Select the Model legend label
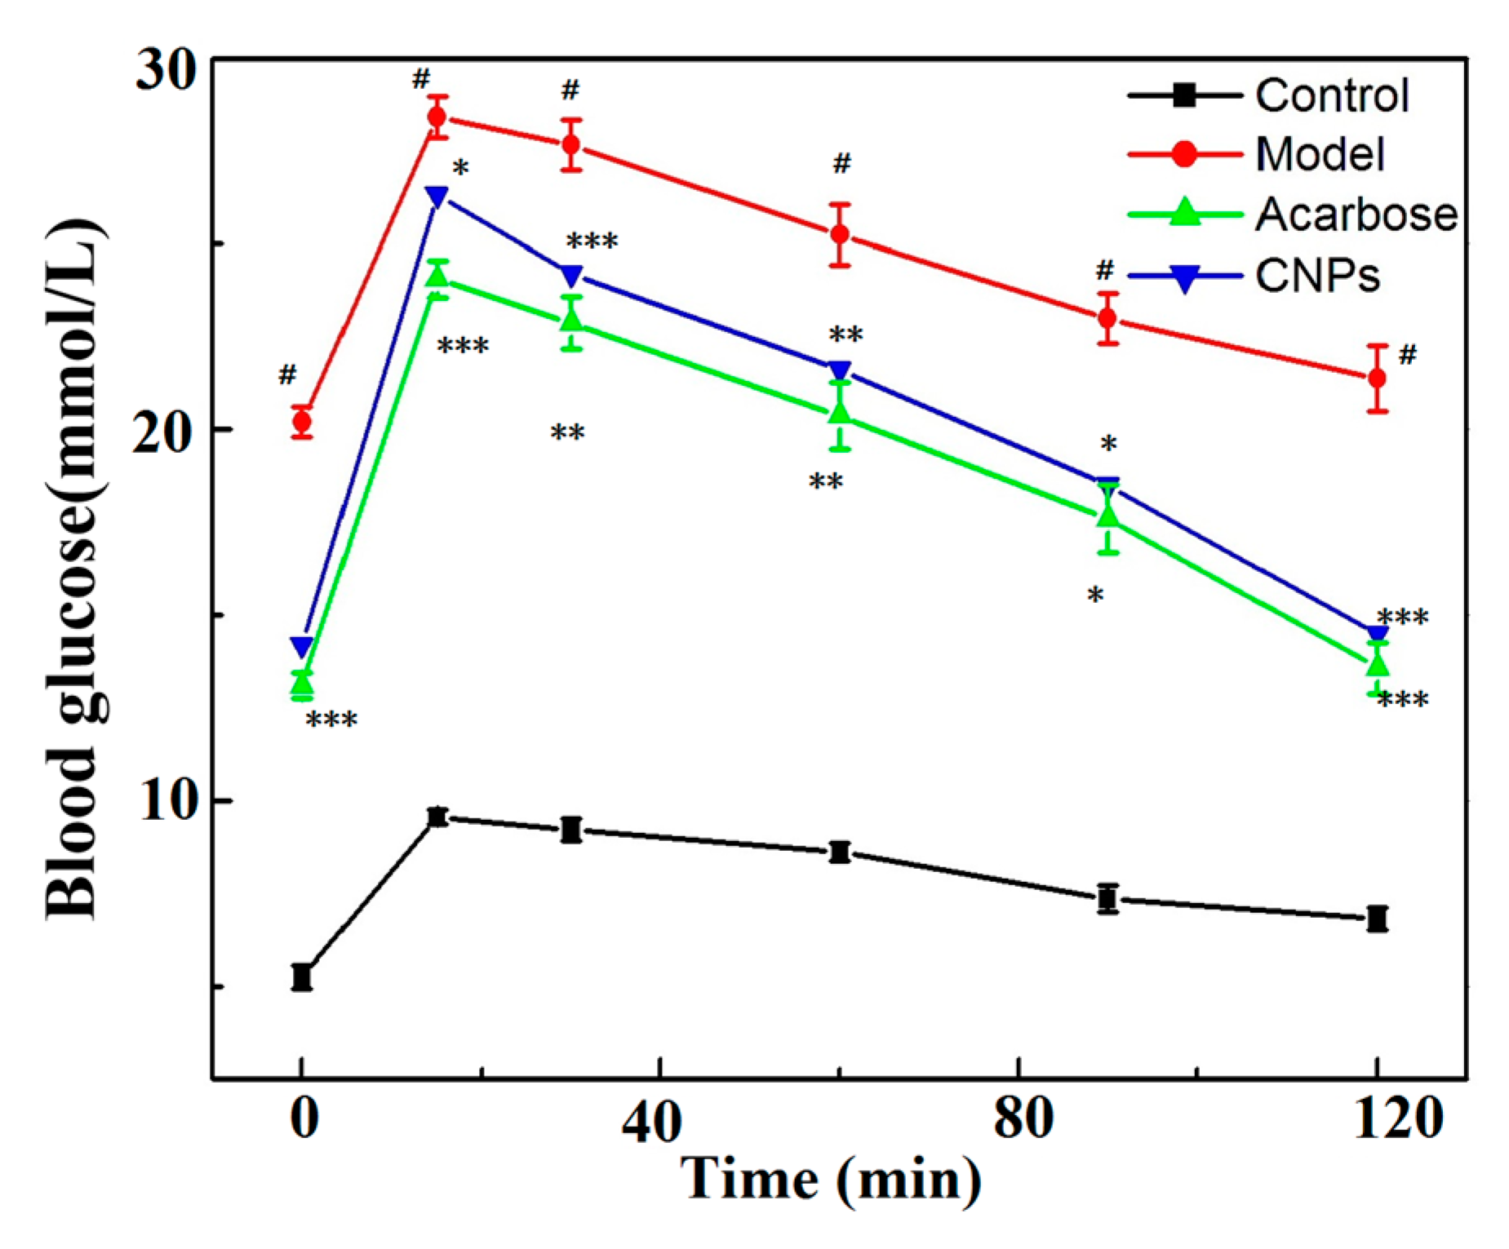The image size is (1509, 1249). [1319, 154]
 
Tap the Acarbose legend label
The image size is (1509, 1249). [1355, 215]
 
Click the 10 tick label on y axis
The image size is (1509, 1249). [167, 801]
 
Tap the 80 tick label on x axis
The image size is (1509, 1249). [1022, 1118]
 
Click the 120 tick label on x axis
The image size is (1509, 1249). [1396, 1118]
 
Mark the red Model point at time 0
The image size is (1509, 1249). [302, 423]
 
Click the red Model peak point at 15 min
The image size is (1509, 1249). [437, 117]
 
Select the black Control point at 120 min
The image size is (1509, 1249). [1378, 919]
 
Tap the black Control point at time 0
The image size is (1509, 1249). [302, 977]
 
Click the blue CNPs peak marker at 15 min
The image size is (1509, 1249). [437, 196]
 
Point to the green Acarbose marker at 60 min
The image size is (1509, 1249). [840, 414]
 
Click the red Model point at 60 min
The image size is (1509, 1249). [840, 235]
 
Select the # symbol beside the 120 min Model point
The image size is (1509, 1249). [1408, 355]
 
